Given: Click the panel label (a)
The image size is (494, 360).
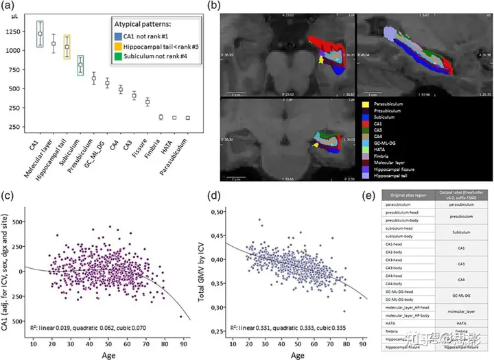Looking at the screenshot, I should coord(12,8).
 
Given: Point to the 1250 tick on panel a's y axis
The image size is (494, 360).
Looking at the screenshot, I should coord(15,32).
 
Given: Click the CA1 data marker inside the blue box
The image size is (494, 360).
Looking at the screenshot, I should coord(40,34).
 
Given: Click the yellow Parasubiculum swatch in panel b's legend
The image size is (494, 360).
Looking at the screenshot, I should coord(365,104).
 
